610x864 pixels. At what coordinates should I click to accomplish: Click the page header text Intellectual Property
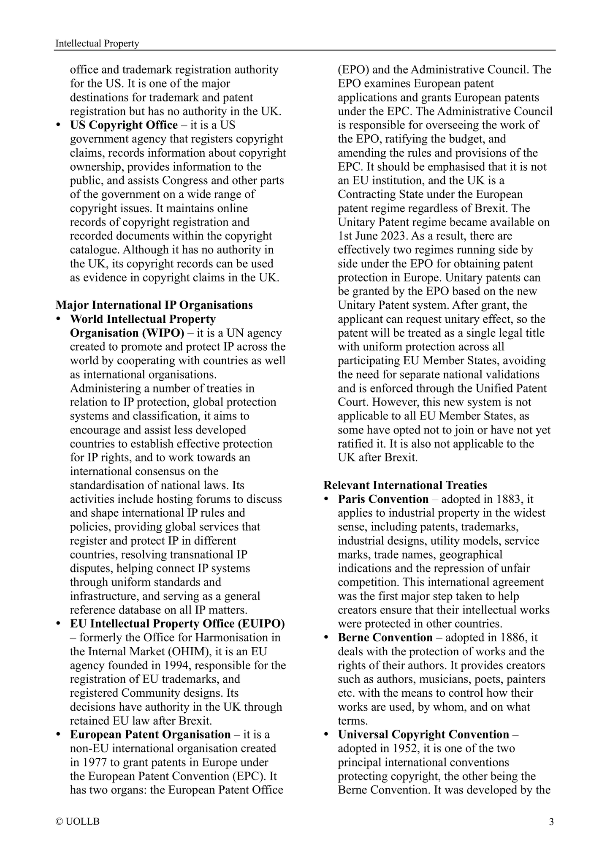coord(97,44)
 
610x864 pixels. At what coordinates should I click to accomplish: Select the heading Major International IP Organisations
coord(154,305)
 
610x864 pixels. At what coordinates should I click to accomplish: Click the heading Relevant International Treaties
coord(405,485)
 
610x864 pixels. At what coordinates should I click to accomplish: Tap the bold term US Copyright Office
coord(124,125)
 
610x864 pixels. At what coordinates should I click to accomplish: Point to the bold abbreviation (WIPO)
coord(162,333)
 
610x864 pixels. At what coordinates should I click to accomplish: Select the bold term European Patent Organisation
coord(150,734)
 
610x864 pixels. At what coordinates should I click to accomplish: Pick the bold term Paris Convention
coord(383,499)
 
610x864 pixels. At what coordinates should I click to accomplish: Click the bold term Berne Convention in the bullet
coord(385,638)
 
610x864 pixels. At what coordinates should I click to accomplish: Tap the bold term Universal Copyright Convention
coord(423,734)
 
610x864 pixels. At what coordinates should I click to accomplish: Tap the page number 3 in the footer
coord(551,822)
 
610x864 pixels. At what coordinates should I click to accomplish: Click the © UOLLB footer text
coord(78,822)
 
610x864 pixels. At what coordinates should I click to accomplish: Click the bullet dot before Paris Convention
coord(326,499)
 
